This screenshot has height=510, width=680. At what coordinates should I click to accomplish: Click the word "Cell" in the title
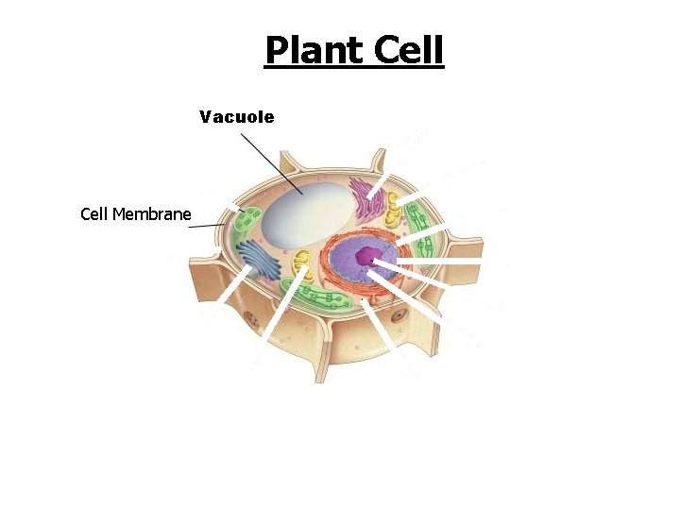coord(408,50)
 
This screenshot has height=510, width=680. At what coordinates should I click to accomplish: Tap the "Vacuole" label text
coord(236,117)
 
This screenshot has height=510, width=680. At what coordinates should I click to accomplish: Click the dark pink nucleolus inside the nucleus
coord(382,254)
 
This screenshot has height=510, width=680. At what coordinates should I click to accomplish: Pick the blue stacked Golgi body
coord(252,260)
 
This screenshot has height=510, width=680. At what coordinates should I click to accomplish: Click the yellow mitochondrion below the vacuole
coord(301,264)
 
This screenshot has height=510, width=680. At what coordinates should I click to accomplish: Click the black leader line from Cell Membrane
coord(208,226)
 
